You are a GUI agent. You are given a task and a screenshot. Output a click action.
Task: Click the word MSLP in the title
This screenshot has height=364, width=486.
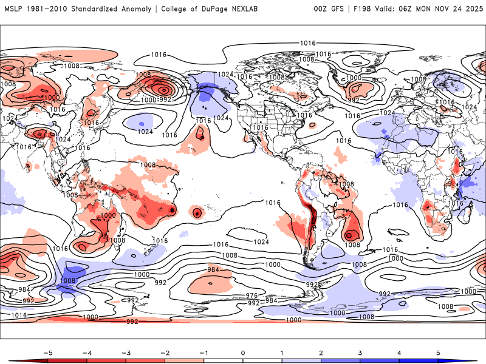(x=13, y=8)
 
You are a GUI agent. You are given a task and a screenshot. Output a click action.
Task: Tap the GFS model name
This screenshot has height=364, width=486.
(x=337, y=8)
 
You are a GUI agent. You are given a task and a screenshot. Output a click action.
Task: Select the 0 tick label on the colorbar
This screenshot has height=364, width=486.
(x=243, y=352)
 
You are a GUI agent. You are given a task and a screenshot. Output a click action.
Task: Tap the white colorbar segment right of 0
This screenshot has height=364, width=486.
(x=262, y=360)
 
